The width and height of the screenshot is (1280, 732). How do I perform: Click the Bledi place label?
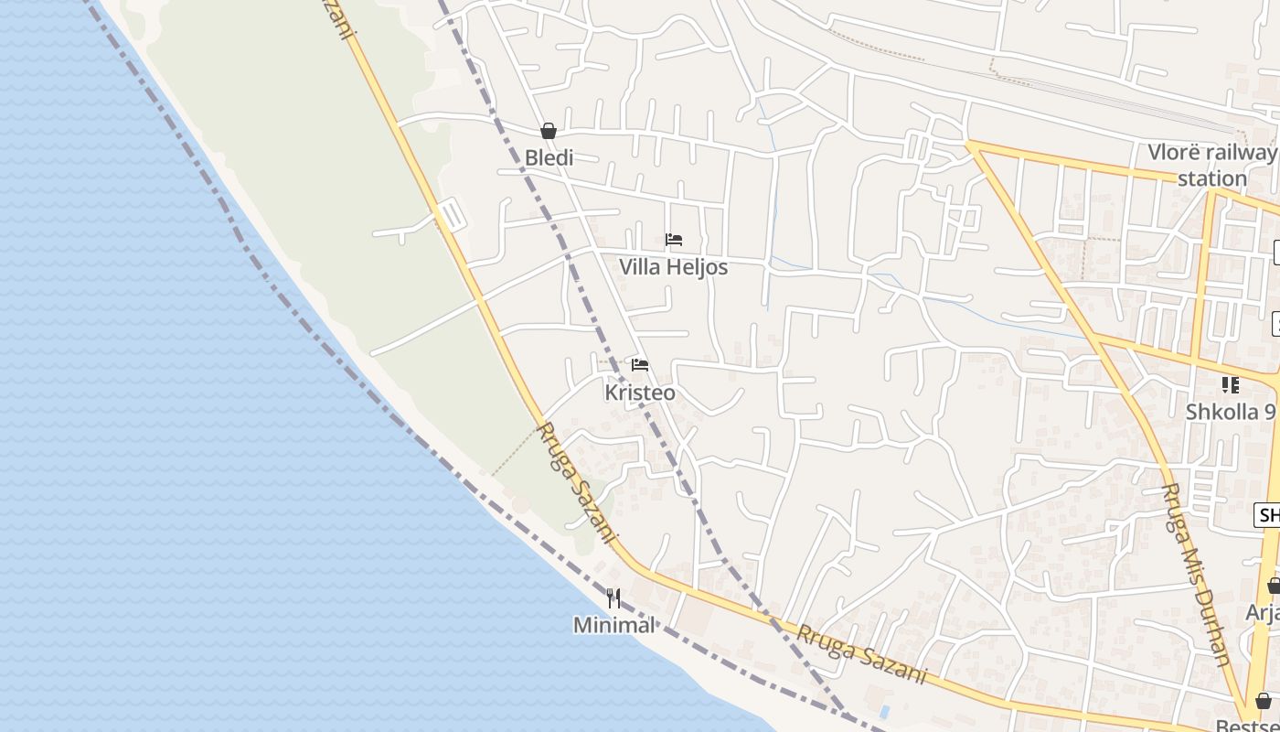(549, 158)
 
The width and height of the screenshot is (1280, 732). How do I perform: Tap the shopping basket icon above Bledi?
(549, 131)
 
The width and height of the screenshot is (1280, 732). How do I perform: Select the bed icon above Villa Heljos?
(674, 240)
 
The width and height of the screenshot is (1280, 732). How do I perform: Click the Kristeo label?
(640, 393)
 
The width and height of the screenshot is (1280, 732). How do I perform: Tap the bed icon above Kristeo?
(640, 365)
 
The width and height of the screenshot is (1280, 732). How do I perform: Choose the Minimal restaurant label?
(614, 625)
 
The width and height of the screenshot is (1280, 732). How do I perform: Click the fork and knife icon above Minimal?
(613, 598)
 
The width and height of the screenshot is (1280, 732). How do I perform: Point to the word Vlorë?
(1175, 153)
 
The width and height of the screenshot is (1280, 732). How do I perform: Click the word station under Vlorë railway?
(1212, 178)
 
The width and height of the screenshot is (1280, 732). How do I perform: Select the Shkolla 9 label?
(1231, 412)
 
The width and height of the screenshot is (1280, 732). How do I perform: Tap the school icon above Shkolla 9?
(1231, 385)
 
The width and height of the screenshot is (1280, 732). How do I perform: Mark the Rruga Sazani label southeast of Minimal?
(861, 654)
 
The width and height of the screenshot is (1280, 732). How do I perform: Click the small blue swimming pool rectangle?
(883, 711)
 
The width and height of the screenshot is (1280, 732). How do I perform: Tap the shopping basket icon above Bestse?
(1263, 701)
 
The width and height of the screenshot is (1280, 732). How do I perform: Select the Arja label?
(1263, 612)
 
